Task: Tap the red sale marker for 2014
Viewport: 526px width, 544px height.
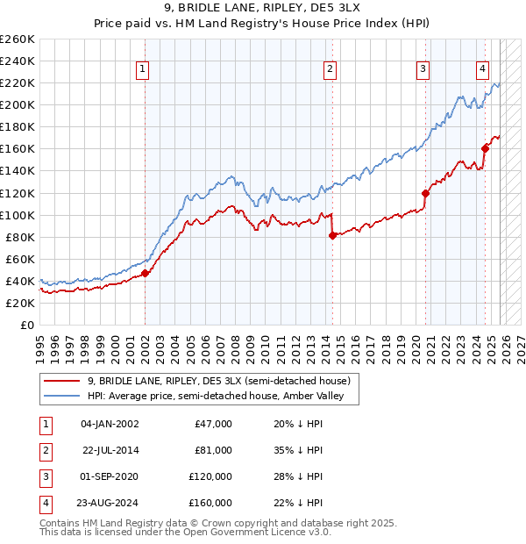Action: [332, 235]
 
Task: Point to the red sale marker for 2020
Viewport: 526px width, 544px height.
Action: [425, 193]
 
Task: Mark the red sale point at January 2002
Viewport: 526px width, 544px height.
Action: [146, 273]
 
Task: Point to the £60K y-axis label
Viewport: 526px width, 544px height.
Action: [19, 259]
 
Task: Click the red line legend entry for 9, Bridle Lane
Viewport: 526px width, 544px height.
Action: [219, 381]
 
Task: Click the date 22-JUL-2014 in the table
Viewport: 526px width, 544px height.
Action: [111, 450]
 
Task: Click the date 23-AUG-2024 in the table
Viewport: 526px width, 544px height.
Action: [111, 503]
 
